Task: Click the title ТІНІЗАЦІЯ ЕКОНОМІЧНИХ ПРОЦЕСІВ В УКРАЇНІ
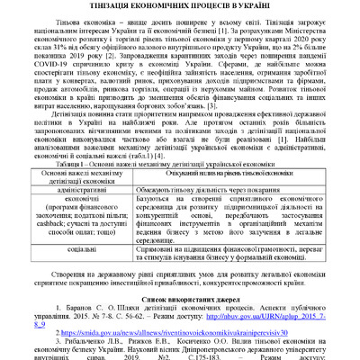click(x=180, y=6)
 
